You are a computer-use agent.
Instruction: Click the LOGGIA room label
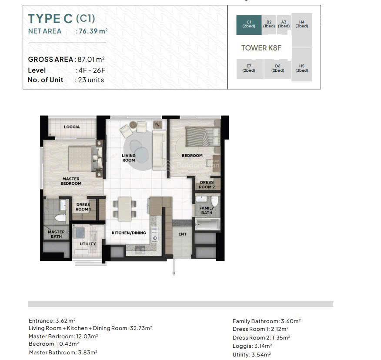coord(72,127)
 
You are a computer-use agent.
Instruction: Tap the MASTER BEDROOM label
coord(71,181)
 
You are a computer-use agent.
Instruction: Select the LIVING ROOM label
coord(129,158)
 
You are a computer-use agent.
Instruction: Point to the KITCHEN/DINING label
coord(129,233)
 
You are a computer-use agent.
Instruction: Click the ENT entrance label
coord(183,234)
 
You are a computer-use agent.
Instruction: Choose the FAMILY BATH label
coord(207,210)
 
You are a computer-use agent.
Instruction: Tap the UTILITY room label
coord(88,244)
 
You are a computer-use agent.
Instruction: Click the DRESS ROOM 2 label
coord(207,185)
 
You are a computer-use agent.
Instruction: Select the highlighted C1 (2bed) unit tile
coord(249,25)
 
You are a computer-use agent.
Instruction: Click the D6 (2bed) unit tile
coord(277,69)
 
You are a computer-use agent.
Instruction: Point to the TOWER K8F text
coord(261,48)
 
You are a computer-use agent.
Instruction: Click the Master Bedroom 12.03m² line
coord(63,337)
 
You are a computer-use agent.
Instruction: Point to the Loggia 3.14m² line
coord(252,346)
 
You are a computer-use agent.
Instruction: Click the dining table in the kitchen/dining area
coord(125,209)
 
